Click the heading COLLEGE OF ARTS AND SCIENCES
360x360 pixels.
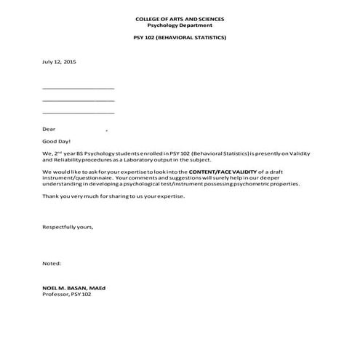tap(180, 17)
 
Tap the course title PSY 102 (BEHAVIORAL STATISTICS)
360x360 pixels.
tap(180, 38)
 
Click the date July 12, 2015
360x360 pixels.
tap(59, 63)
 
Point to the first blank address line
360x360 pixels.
tap(79, 87)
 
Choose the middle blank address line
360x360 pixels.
tap(79, 100)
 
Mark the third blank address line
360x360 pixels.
tap(79, 113)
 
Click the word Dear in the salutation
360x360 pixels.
tap(49, 129)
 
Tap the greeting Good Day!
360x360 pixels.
tap(57, 143)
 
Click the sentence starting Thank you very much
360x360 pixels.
tap(113, 197)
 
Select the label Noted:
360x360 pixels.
tap(52, 263)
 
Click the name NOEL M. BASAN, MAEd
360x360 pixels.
tap(74, 288)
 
